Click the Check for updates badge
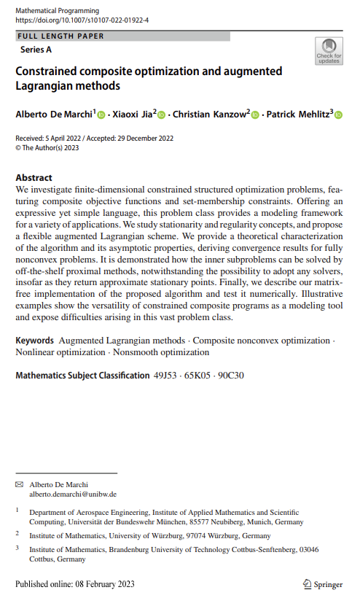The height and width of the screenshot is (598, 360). pos(329,52)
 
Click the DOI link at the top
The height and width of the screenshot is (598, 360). pos(82,20)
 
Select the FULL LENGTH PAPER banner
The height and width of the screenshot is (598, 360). pos(60,36)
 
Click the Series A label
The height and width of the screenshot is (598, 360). pos(36,50)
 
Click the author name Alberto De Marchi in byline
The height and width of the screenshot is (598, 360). pos(54,114)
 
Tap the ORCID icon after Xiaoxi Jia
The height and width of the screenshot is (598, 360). pos(162,114)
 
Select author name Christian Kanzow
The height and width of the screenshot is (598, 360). pos(211,114)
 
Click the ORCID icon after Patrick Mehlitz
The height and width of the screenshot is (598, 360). pos(338,114)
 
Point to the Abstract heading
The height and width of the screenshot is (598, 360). pos(34,177)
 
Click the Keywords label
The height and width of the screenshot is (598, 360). pos(34,341)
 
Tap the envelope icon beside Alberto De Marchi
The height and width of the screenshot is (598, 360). pos(19,484)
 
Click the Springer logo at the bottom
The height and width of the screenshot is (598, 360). pos(323,584)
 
